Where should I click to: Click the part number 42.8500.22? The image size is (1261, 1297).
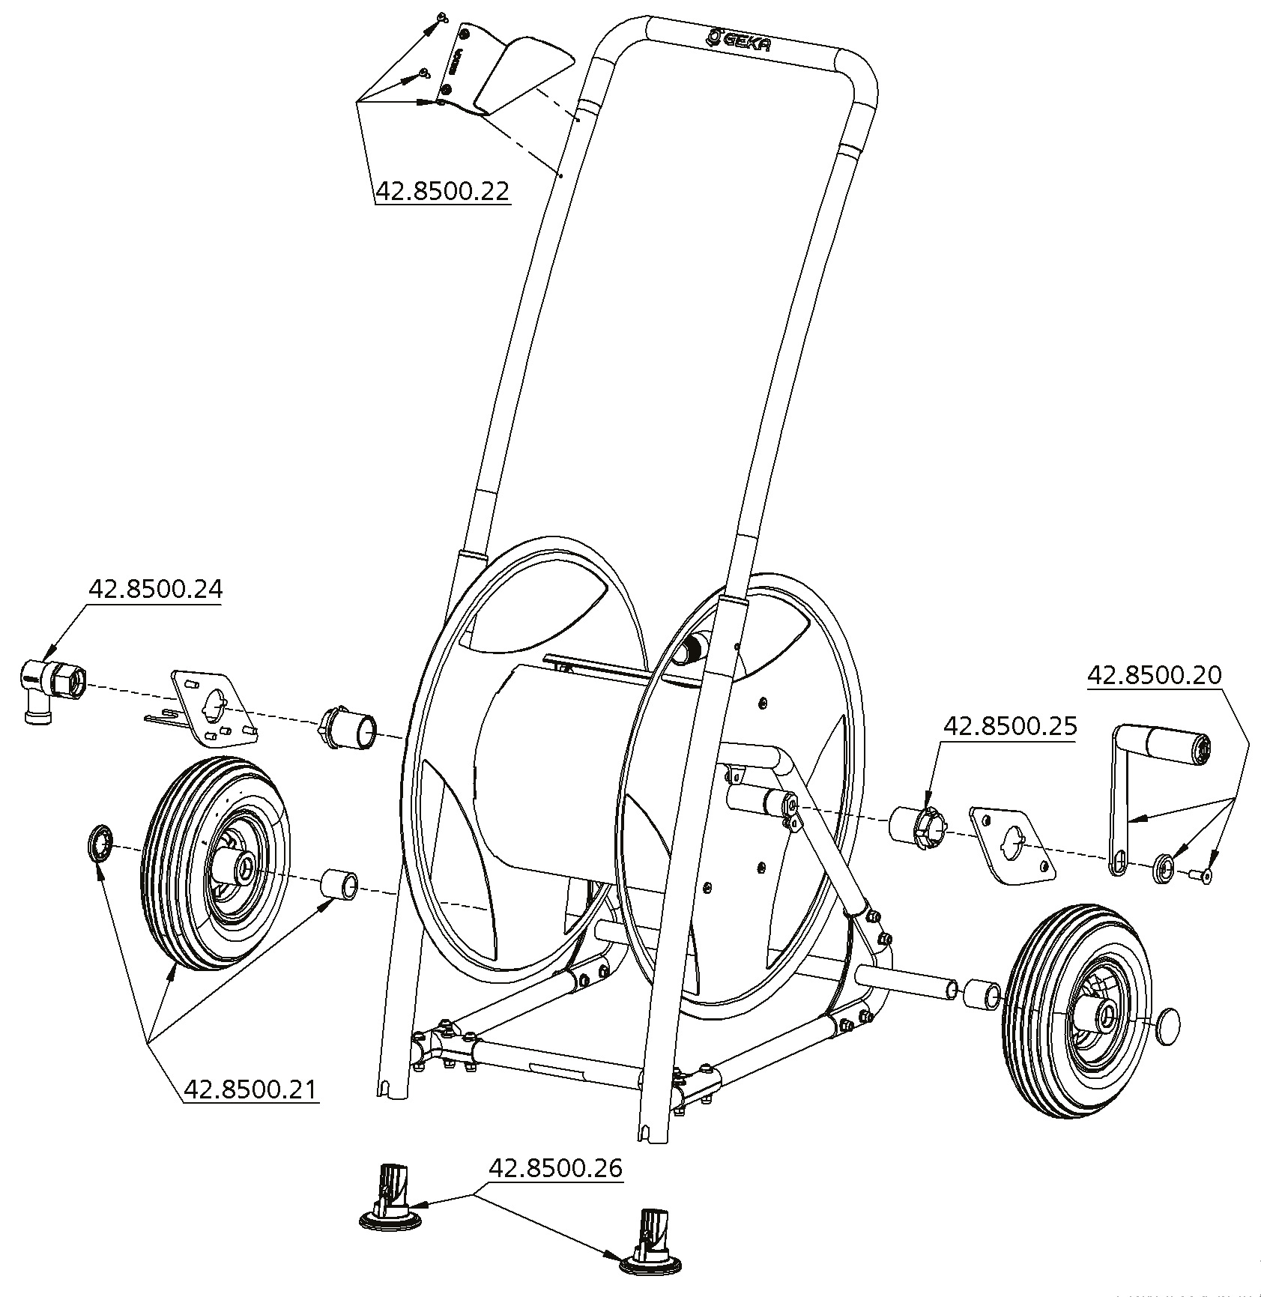(x=442, y=191)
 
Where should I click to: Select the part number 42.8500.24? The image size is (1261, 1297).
(x=155, y=589)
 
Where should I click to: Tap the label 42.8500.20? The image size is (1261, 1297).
(x=1154, y=675)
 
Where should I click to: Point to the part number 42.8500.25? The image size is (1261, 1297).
(x=1009, y=726)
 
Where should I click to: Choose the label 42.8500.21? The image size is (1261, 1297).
(x=250, y=1089)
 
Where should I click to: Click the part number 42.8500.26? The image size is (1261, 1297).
(x=556, y=1168)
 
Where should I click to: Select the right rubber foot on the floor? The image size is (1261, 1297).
(x=650, y=1255)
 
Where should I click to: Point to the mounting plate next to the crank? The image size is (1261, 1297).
(x=1012, y=843)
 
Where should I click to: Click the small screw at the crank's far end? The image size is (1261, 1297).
(x=1204, y=874)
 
